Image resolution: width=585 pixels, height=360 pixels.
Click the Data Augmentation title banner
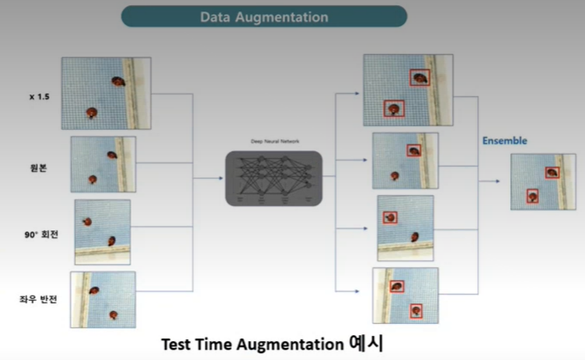point(263,16)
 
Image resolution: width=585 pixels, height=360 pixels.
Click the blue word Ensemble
point(504,140)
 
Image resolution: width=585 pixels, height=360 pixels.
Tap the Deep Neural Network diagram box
point(273,178)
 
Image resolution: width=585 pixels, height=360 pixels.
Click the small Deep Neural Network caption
point(273,141)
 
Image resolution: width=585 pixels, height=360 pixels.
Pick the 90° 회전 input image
point(102,232)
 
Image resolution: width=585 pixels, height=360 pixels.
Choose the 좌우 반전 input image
point(103,299)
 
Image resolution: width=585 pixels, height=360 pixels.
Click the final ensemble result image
point(543,181)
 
